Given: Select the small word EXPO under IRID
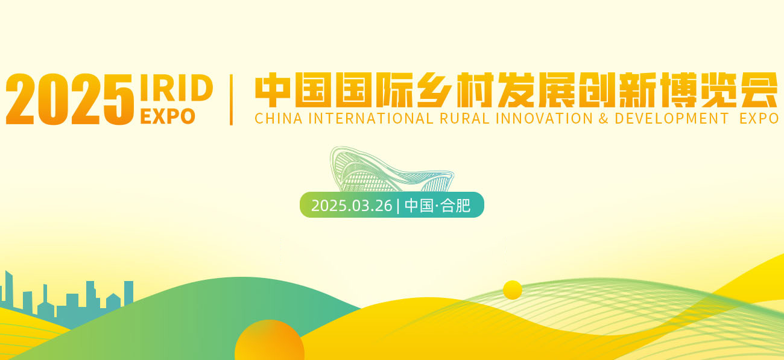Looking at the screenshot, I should tap(167, 116).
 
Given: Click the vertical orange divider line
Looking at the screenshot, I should tap(232, 100).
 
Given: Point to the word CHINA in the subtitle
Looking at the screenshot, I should tap(278, 119).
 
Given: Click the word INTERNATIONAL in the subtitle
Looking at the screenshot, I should tap(370, 119).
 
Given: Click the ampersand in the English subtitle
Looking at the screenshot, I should tap(603, 119).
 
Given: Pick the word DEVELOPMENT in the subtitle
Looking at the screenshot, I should tap(672, 119).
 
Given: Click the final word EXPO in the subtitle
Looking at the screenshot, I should tap(759, 119).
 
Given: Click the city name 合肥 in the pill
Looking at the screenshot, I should tap(455, 206).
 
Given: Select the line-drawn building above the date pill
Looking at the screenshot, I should tap(389, 171).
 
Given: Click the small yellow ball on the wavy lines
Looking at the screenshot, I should tap(513, 290).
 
